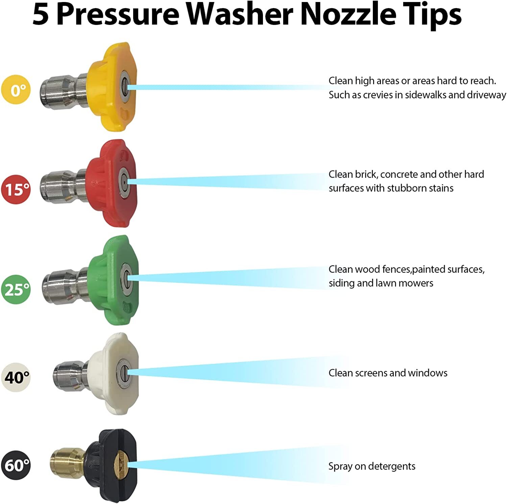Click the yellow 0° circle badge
tap(16, 89)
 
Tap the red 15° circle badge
tap(16, 189)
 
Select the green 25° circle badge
tap(16, 289)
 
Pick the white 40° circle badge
tap(16, 377)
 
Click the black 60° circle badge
tap(16, 465)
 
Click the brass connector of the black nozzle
tap(68, 462)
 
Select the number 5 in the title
tap(41, 15)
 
